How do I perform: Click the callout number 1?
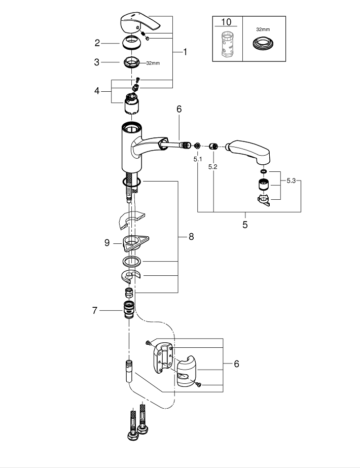pyautogui.click(x=185, y=52)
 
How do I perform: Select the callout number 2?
pyautogui.click(x=97, y=43)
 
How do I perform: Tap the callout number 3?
pyautogui.click(x=97, y=63)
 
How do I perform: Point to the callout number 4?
pyautogui.click(x=97, y=91)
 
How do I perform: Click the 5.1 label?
pyautogui.click(x=197, y=159)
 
